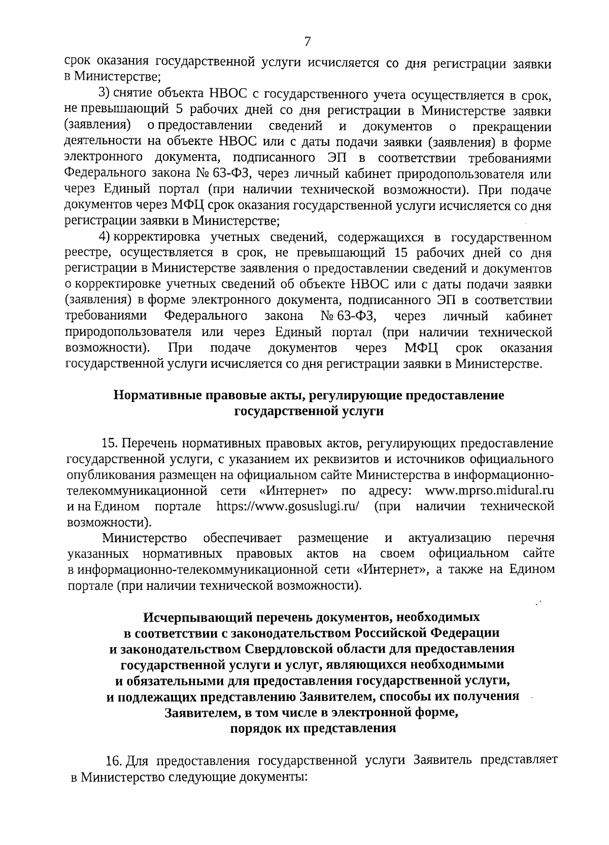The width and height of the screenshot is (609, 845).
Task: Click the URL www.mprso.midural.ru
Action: click(489, 490)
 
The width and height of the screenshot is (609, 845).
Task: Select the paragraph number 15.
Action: click(110, 443)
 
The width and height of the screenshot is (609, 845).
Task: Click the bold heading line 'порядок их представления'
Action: click(313, 729)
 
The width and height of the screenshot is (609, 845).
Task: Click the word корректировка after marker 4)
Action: click(155, 237)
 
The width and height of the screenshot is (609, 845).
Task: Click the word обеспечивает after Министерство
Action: click(243, 538)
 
